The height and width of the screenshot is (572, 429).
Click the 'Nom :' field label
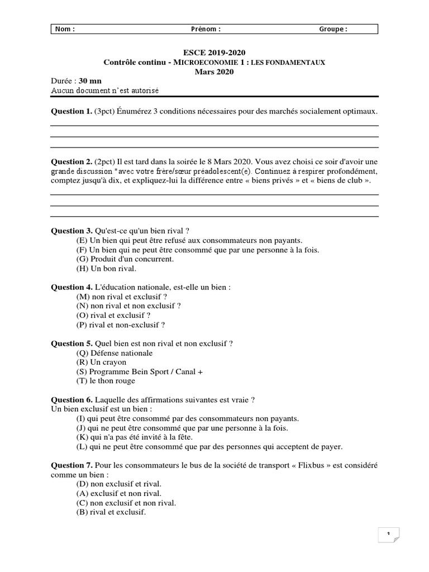65,30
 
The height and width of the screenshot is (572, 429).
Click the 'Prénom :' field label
206,30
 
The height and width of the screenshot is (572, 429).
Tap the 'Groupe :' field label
333,30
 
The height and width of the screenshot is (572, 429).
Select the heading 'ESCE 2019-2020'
214,53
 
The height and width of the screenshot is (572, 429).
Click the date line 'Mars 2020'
214,71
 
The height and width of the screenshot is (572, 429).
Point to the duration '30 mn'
90,81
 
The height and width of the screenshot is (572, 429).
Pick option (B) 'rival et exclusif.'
111,512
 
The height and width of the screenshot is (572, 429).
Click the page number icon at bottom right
388,535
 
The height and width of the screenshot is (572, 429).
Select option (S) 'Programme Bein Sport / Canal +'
140,371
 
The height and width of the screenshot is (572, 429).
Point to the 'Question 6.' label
71,399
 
